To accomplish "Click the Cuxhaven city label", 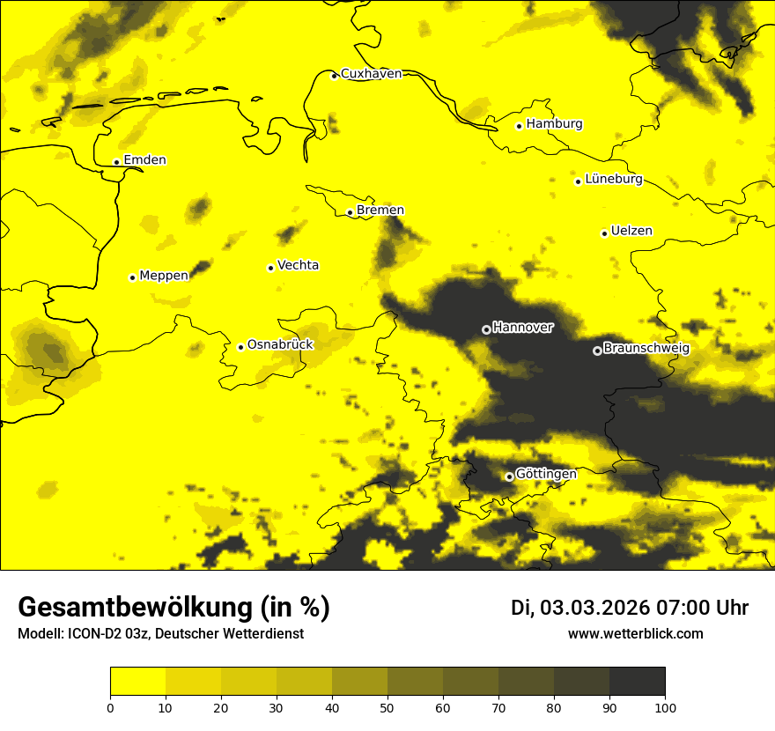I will pyautogui.click(x=371, y=74).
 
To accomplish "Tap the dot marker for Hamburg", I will pyautogui.click(x=520, y=126).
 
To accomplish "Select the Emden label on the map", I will pyautogui.click(x=144, y=160).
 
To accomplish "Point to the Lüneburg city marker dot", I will pyautogui.click(x=579, y=181).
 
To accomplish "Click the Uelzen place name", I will pyautogui.click(x=631, y=232).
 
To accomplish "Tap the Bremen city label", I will pyautogui.click(x=380, y=210).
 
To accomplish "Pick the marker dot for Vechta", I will pyautogui.click(x=271, y=268).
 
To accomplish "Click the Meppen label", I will pyautogui.click(x=164, y=276).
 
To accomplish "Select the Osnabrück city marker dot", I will pyautogui.click(x=240, y=347).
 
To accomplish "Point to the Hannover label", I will pyautogui.click(x=523, y=328).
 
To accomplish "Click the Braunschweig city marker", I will pyautogui.click(x=597, y=351).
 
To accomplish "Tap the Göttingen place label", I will pyautogui.click(x=546, y=475).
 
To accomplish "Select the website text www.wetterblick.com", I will pyautogui.click(x=636, y=634).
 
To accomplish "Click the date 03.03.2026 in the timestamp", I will pyautogui.click(x=594, y=608).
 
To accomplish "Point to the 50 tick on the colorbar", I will pyautogui.click(x=387, y=706).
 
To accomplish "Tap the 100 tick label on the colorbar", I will pyautogui.click(x=665, y=706).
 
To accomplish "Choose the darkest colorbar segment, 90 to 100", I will pyautogui.click(x=637, y=682).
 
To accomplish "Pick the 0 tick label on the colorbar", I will pyautogui.click(x=110, y=706).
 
